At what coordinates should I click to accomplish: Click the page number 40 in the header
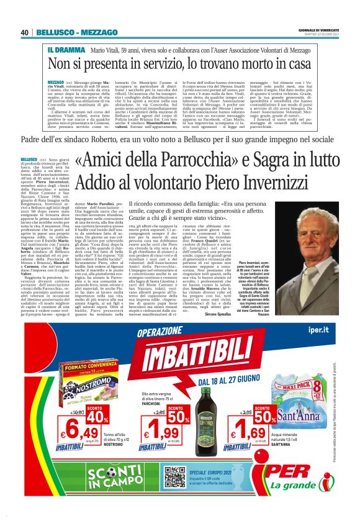(x=25, y=32)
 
